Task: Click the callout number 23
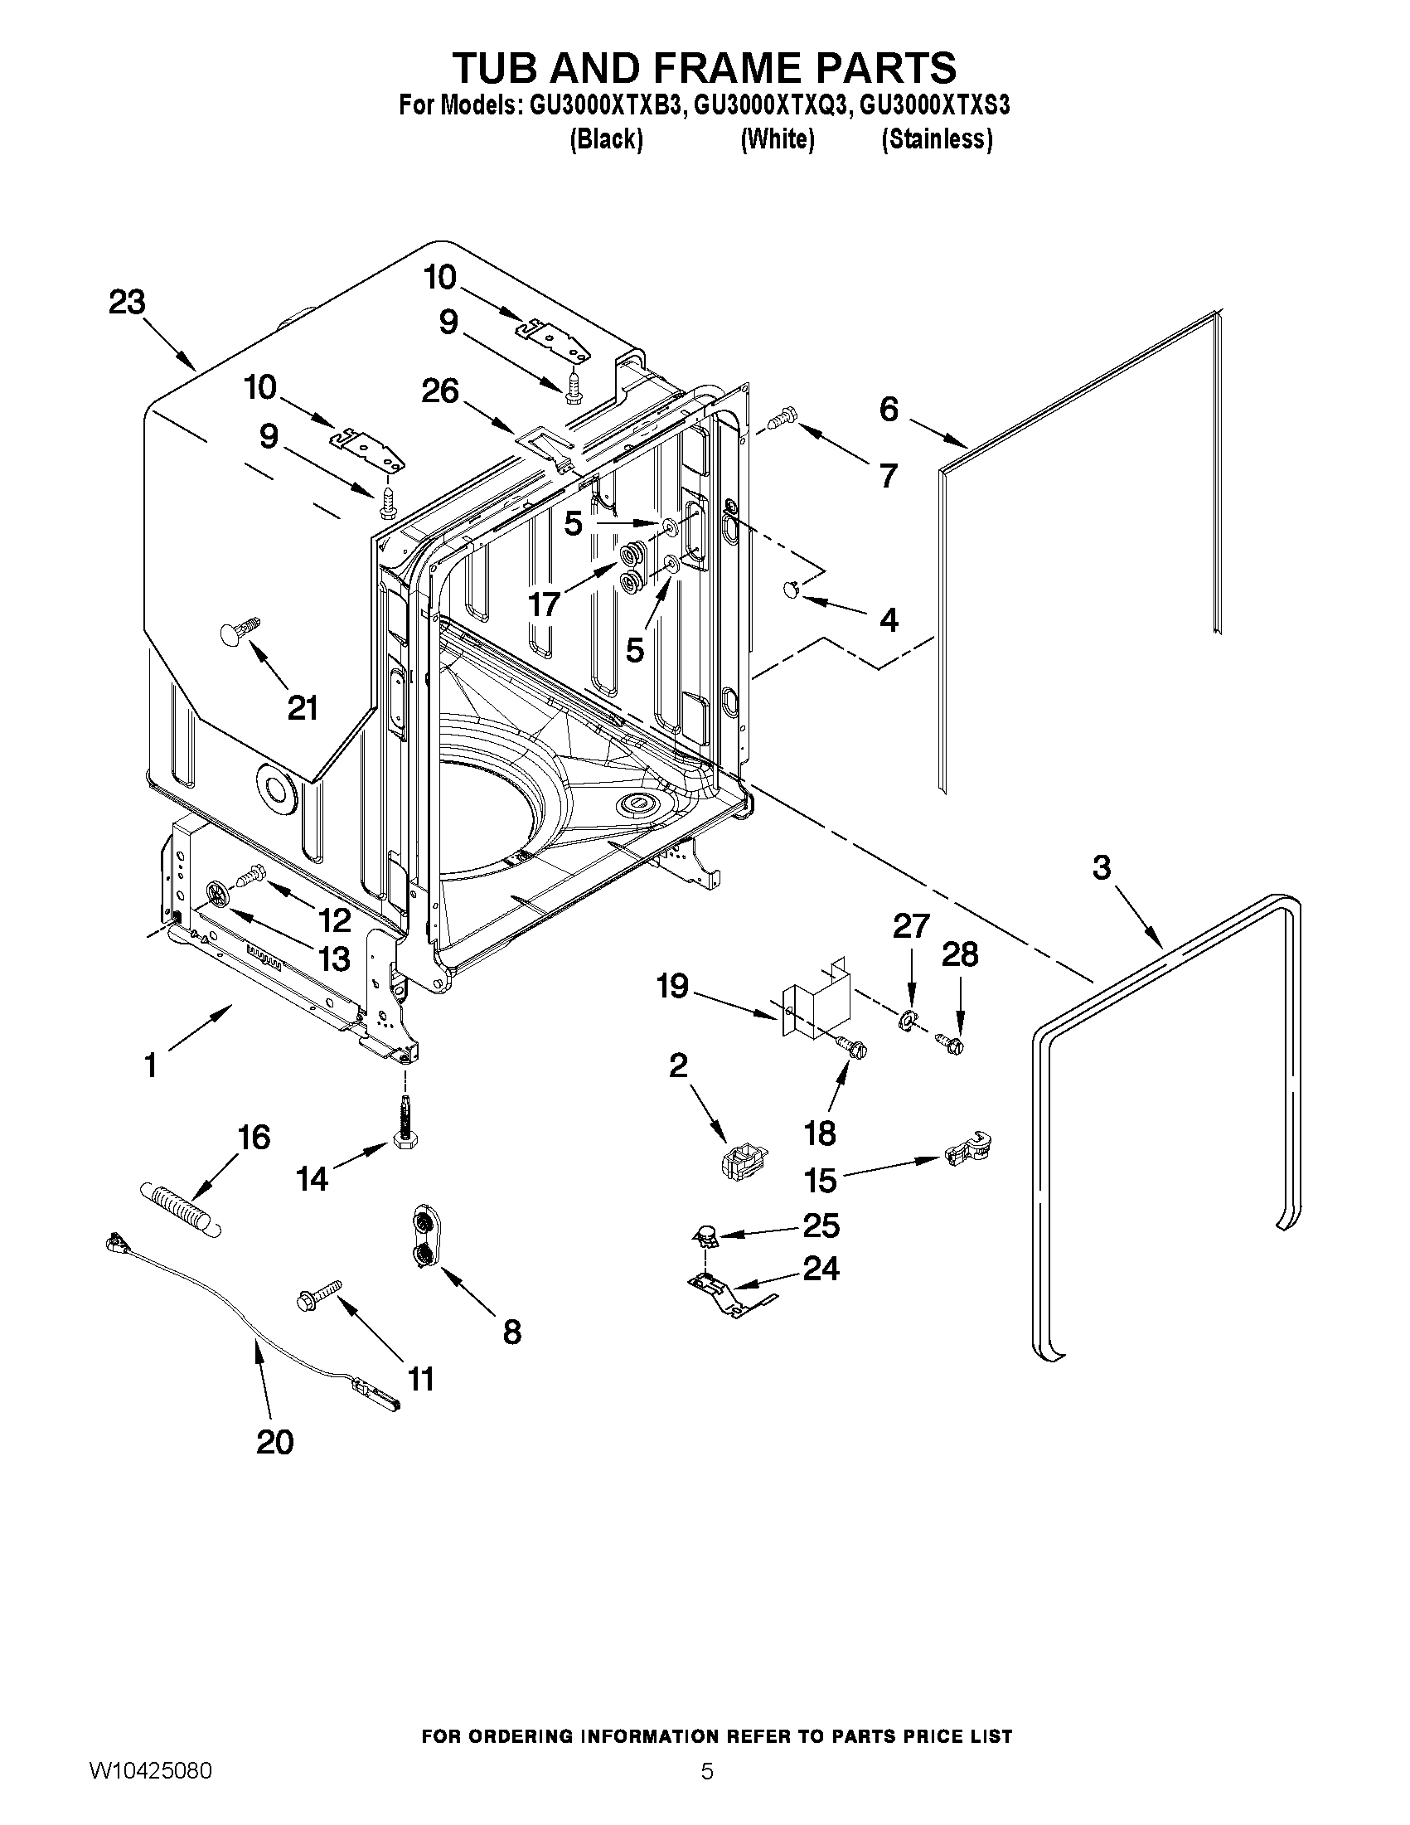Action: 127,303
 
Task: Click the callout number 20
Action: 275,1441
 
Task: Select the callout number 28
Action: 960,954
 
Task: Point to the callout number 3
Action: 1102,867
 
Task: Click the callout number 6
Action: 889,409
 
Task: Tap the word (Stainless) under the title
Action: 938,138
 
